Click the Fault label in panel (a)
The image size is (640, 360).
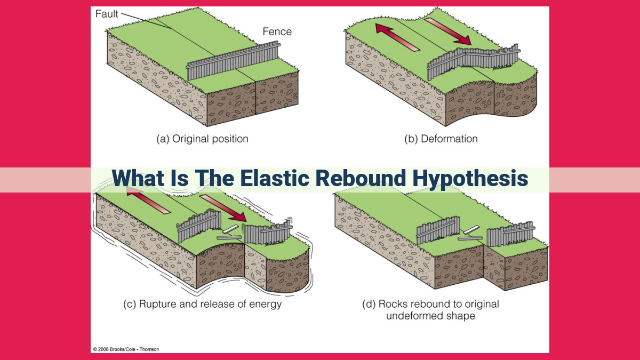tap(107, 14)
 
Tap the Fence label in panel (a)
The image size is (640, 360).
tap(277, 31)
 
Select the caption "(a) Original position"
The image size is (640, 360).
tap(202, 139)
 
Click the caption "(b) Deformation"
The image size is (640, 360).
tap(441, 139)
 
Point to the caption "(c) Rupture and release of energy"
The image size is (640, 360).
tap(202, 304)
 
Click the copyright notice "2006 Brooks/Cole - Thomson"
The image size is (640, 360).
tap(129, 349)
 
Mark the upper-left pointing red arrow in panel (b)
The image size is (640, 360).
tap(397, 37)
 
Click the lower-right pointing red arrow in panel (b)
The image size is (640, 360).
tap(447, 31)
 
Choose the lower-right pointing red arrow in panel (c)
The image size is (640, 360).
tap(223, 209)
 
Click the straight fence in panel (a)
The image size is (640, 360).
tap(233, 61)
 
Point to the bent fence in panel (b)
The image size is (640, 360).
tap(474, 61)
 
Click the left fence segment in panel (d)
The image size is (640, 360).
tap(438, 230)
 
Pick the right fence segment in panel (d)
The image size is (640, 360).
tap(511, 234)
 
